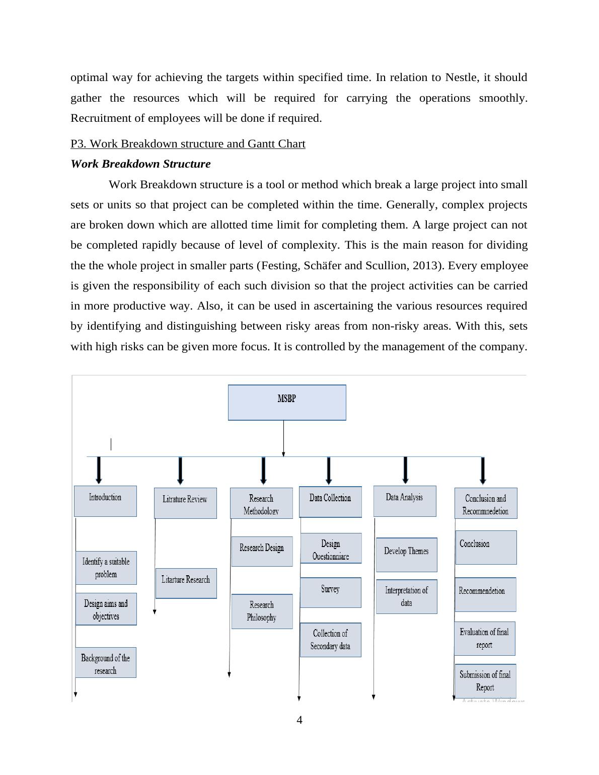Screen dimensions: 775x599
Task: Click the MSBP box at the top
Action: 287,402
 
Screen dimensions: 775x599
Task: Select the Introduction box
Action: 105,501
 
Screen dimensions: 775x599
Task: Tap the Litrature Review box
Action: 185,502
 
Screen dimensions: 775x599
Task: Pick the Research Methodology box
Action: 261,503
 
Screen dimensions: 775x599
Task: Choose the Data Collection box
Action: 330,501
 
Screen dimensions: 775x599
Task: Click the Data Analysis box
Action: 405,501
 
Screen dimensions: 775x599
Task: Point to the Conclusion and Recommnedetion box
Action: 486,503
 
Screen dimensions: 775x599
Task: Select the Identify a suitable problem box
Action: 106,568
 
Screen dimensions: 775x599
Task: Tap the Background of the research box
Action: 106,663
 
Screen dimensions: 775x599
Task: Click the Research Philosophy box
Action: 262,611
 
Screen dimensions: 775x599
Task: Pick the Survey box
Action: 331,592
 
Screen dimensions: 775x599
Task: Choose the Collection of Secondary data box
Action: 331,640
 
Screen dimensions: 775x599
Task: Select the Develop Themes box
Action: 406,554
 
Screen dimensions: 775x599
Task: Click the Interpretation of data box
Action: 406,596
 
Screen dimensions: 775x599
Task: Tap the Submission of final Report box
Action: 485,680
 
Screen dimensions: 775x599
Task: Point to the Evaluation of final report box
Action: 484,638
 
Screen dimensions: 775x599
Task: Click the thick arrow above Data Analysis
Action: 406,470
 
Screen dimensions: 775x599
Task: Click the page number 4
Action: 299,720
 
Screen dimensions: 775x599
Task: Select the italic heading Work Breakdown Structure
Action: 140,164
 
